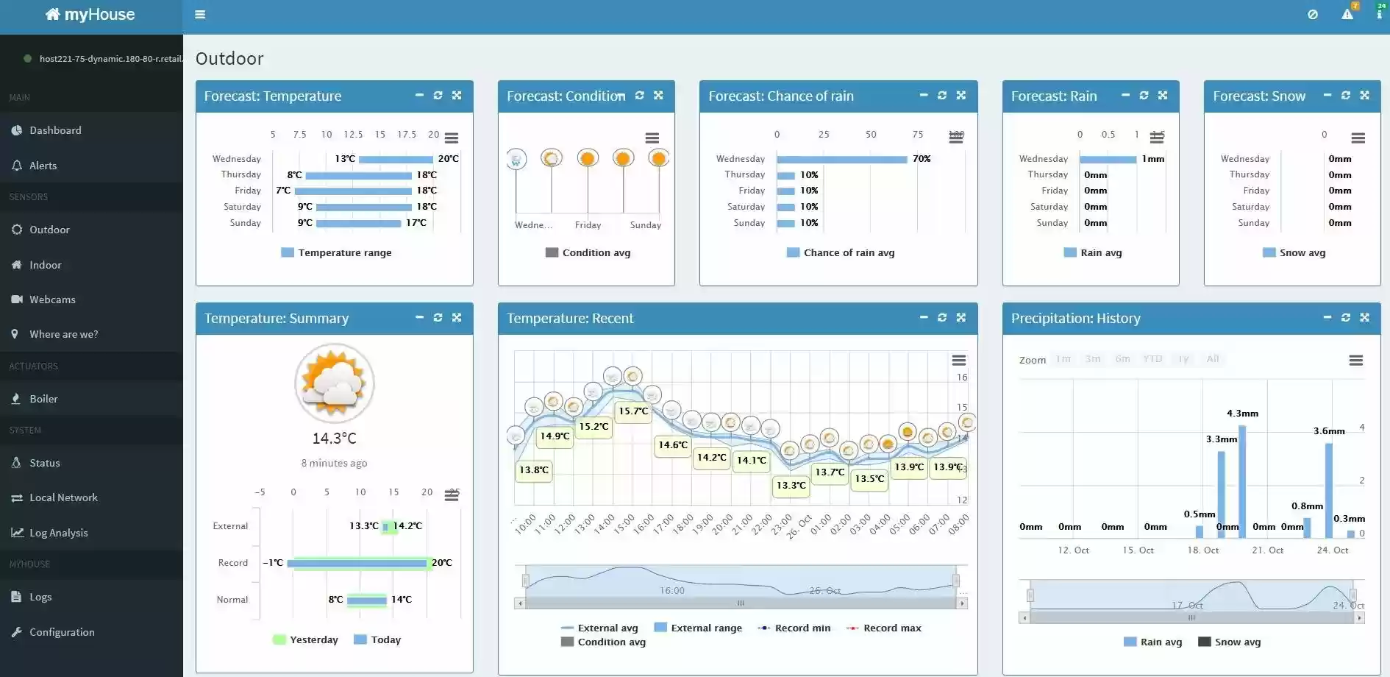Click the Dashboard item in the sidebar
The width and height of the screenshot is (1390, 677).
tap(55, 130)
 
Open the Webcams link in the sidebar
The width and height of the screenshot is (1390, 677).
tap(52, 299)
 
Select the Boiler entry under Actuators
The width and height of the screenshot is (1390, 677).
tap(43, 399)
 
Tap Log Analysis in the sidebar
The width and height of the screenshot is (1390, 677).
tap(58, 533)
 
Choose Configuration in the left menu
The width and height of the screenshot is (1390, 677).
tap(62, 632)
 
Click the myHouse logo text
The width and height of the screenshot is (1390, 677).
tap(91, 15)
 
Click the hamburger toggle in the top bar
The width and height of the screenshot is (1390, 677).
tap(200, 15)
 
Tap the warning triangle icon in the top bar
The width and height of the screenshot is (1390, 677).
tap(1347, 15)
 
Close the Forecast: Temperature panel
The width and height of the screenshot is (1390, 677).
tap(457, 96)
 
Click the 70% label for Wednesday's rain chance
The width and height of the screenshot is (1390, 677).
tap(922, 159)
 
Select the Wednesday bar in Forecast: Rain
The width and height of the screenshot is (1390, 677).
tap(1108, 159)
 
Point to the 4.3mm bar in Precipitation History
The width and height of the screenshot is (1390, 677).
tap(1242, 471)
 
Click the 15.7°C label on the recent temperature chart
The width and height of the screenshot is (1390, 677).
tap(633, 411)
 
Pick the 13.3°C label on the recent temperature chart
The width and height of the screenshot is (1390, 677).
tap(791, 486)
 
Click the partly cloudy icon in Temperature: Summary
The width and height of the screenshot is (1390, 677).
tap(335, 383)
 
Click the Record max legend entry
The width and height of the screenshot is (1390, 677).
tap(891, 628)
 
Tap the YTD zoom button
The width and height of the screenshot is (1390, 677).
tap(1152, 359)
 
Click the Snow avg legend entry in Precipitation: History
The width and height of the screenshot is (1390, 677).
tap(1237, 642)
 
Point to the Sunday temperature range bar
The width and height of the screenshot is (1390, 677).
tap(360, 223)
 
